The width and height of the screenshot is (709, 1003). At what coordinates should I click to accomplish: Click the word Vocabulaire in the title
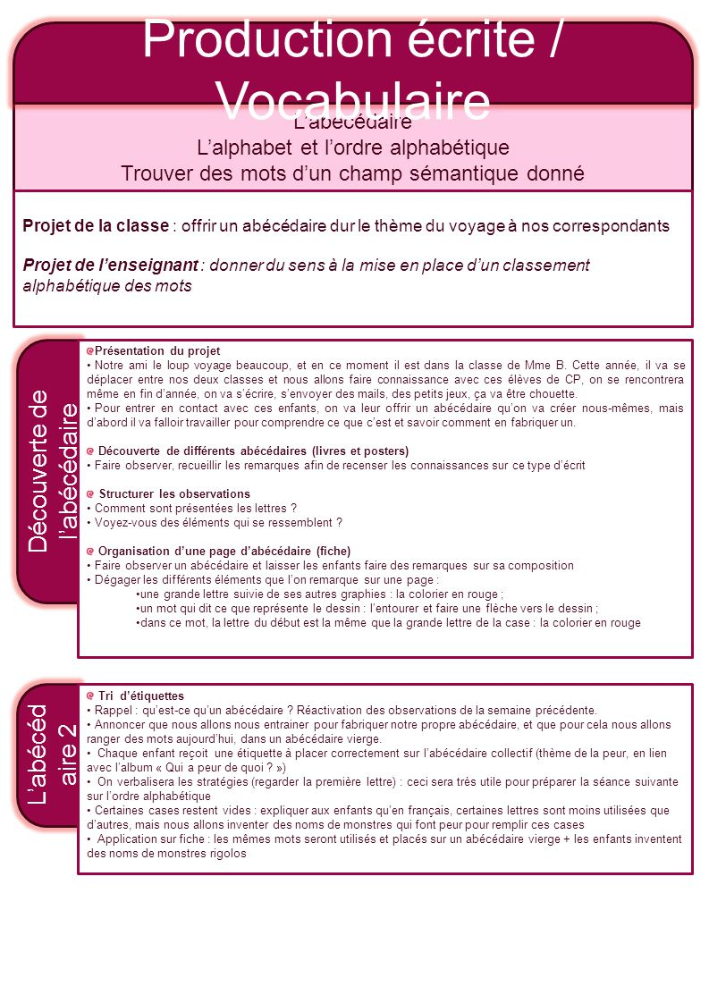click(354, 101)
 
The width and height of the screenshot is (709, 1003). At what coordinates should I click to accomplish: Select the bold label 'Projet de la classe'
click(96, 225)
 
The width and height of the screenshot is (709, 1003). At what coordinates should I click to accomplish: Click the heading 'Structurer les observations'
click(174, 493)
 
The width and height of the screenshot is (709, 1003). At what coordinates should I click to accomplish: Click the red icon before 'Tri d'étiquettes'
click(90, 695)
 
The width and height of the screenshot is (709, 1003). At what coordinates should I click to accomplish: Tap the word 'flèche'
click(504, 609)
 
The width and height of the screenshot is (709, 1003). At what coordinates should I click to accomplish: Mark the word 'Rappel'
click(113, 710)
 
